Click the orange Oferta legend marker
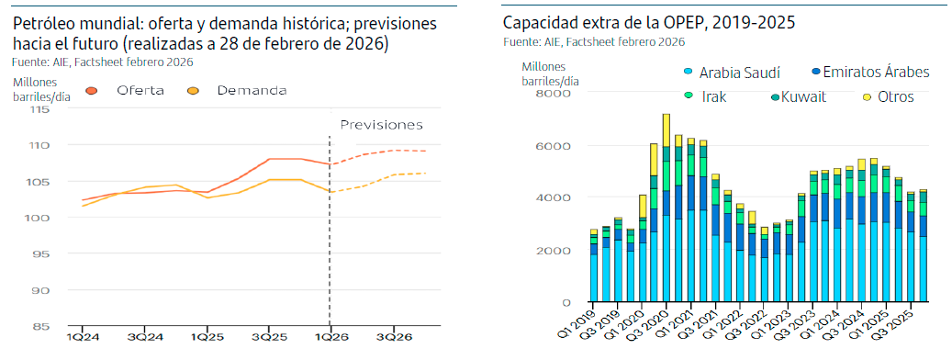[92, 90]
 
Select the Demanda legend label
[252, 90]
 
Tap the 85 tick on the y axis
[41, 326]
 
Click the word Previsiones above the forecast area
[381, 125]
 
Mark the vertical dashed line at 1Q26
[330, 230]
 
